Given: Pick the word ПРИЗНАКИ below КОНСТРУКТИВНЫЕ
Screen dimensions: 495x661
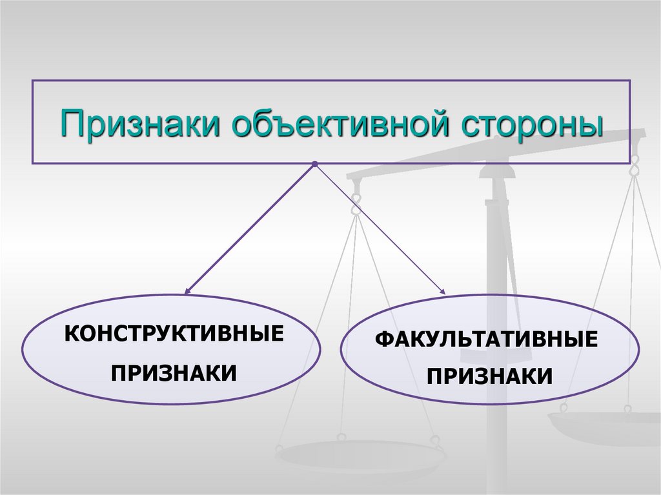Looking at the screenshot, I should point(173,373).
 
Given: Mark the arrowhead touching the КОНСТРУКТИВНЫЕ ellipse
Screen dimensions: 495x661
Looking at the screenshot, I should point(188,291).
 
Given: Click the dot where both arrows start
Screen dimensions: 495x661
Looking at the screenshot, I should point(314,165).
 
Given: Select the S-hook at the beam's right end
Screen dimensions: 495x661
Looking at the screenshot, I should point(635,165).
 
